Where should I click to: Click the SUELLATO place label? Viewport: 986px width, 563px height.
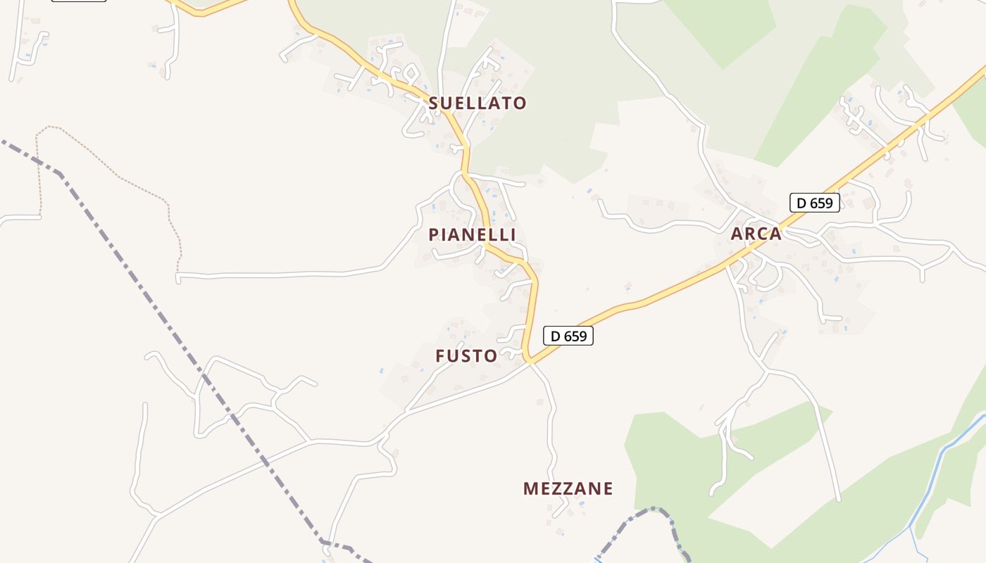click(478, 103)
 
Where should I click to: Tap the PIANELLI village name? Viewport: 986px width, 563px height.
click(472, 235)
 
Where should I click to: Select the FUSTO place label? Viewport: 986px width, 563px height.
click(466, 356)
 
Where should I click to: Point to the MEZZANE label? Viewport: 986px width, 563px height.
click(568, 488)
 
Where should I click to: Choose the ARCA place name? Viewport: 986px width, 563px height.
click(756, 234)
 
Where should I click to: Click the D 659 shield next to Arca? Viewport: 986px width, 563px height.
click(815, 203)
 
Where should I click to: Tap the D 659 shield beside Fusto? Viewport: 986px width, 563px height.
click(568, 336)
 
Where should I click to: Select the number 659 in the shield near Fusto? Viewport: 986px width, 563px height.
click(575, 336)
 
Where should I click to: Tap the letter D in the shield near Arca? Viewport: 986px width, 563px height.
click(801, 203)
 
